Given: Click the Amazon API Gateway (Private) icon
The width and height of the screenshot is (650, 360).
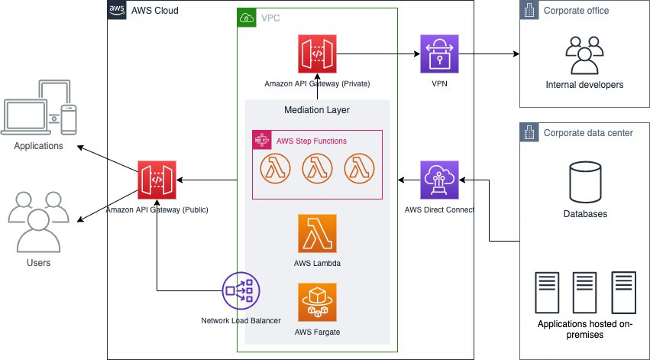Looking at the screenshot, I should (x=317, y=54).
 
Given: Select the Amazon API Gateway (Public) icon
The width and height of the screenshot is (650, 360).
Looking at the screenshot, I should (x=157, y=180).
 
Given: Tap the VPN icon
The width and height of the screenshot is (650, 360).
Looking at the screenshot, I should (x=439, y=54).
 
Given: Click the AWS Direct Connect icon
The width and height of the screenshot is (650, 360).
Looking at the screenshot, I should (x=439, y=180).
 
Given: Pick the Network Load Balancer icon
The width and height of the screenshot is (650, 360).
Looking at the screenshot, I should (x=241, y=290).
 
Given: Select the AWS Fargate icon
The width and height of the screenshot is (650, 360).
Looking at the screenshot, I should (x=317, y=303).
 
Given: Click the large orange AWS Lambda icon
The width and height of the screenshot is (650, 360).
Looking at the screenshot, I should (x=317, y=234).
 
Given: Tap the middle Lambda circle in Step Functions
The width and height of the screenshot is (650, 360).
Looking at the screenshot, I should (x=317, y=168).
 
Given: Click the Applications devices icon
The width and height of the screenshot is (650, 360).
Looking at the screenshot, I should (x=40, y=115).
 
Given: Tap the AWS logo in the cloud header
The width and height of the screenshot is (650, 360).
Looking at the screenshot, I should (x=118, y=10).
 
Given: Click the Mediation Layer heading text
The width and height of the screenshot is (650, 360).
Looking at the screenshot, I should (x=317, y=110).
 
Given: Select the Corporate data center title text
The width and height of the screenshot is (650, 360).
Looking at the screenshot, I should (x=588, y=132).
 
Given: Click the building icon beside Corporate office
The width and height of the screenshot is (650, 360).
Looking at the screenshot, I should (x=529, y=11).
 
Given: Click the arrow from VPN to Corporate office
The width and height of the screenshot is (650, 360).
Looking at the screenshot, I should (x=489, y=54).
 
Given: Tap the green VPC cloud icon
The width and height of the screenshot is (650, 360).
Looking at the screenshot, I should (x=247, y=17).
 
